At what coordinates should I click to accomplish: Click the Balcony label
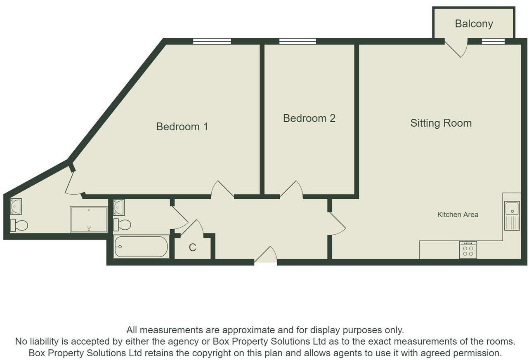[474, 24]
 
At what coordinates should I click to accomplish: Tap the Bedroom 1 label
[182, 127]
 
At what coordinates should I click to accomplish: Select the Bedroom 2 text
[309, 118]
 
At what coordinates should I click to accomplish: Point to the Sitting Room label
[441, 123]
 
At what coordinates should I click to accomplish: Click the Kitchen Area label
[458, 214]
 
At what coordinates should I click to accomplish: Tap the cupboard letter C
[192, 247]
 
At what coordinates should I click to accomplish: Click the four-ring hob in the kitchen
[468, 250]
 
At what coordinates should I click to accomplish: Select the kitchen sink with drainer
[512, 216]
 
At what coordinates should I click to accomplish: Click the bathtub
[141, 247]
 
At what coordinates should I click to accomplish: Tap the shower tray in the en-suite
[89, 219]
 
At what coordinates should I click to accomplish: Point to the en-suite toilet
[19, 225]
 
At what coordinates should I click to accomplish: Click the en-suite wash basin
[16, 206]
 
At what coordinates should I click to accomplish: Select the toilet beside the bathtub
[122, 225]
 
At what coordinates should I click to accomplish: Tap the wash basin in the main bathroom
[119, 207]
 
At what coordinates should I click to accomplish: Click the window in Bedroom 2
[298, 41]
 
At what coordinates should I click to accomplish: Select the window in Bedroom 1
[212, 41]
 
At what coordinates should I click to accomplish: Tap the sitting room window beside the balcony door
[493, 41]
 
